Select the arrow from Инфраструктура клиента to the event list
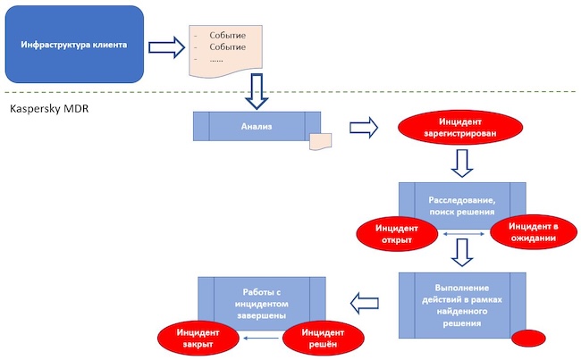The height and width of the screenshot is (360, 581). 165,46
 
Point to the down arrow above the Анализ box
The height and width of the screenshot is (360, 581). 257,91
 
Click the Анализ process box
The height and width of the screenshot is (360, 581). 257,125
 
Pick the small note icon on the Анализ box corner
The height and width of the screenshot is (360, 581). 320,142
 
